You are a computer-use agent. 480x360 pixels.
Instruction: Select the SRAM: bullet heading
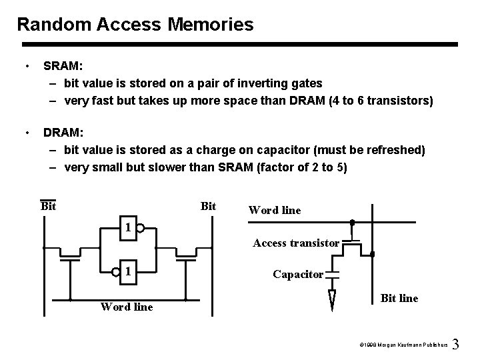[63, 67]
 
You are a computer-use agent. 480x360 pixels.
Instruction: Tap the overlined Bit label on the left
[48, 206]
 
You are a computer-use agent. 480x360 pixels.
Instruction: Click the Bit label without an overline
[208, 206]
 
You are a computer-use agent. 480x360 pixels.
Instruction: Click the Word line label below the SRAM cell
[127, 307]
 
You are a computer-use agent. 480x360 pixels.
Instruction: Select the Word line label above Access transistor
[275, 210]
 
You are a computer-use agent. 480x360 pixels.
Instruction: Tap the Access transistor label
[296, 243]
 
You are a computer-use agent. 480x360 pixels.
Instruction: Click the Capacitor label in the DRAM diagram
[299, 274]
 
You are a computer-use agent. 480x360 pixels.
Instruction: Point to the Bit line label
[399, 298]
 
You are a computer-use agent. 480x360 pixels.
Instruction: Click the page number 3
[456, 345]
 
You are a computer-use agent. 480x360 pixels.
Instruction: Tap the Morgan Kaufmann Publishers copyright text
[402, 346]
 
